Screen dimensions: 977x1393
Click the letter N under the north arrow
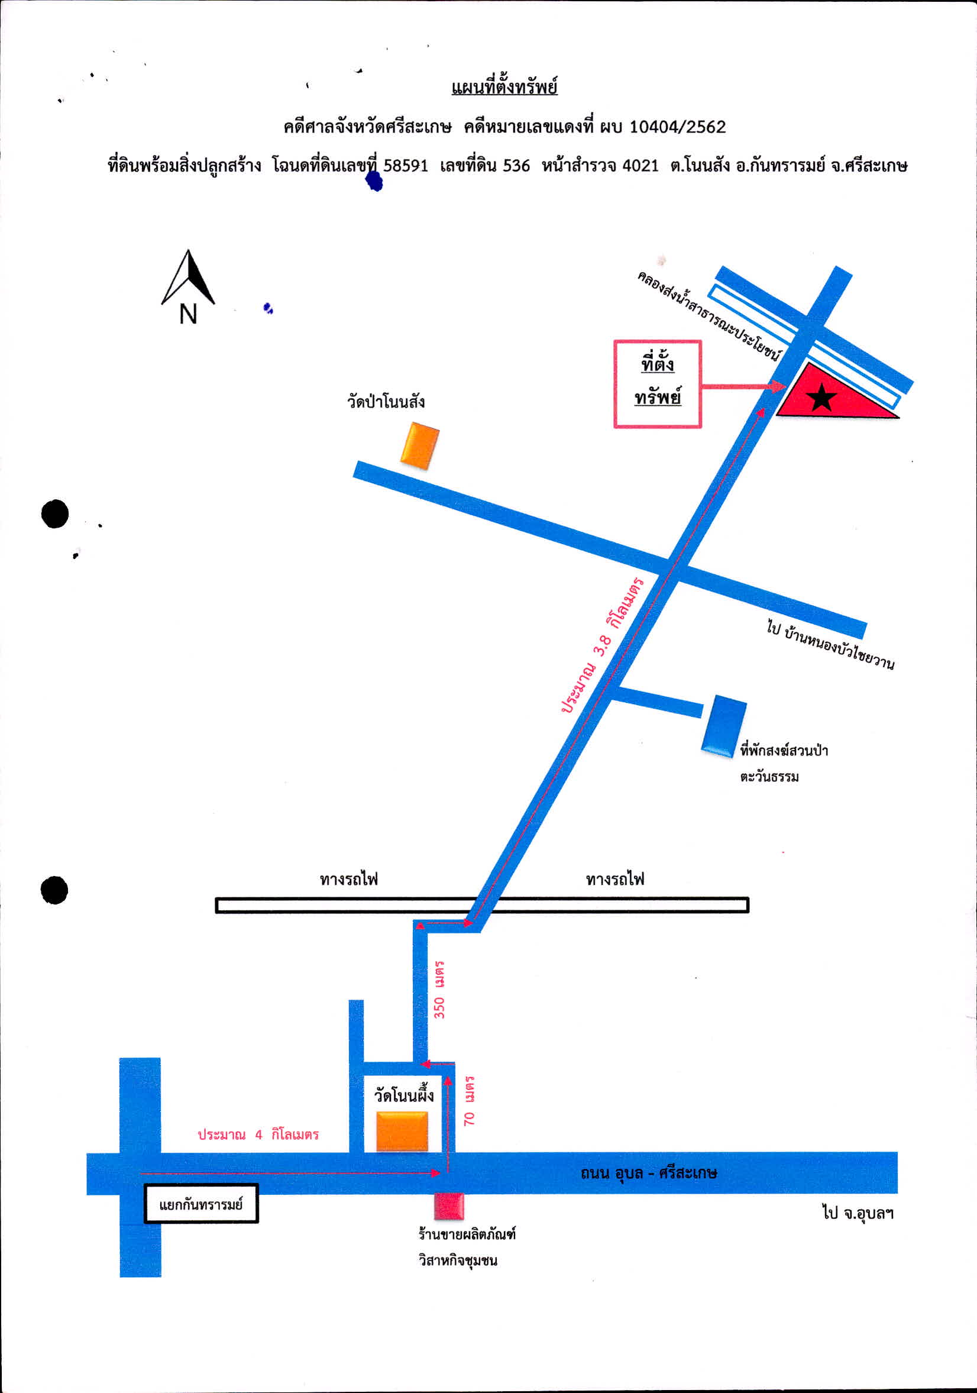pyautogui.click(x=188, y=313)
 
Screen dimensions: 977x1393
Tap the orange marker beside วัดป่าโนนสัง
pyautogui.click(x=420, y=446)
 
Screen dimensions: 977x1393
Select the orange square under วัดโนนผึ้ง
pyautogui.click(x=402, y=1132)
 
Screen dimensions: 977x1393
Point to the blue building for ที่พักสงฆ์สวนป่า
pyautogui.click(x=723, y=726)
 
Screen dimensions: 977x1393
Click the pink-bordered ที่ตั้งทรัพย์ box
pyautogui.click(x=658, y=384)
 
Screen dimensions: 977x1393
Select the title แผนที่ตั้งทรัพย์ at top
pyautogui.click(x=504, y=87)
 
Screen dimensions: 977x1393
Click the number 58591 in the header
pyautogui.click(x=405, y=166)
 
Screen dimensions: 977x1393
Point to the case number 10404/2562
pyautogui.click(x=677, y=127)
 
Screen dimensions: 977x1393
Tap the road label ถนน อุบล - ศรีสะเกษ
pyautogui.click(x=649, y=1173)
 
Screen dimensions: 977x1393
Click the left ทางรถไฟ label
pyautogui.click(x=349, y=878)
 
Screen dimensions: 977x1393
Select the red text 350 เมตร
pyautogui.click(x=439, y=990)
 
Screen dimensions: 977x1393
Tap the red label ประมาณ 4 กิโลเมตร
pyautogui.click(x=258, y=1134)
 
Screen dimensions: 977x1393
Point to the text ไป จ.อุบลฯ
pyautogui.click(x=858, y=1213)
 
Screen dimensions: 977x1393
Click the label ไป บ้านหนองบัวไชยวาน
pyautogui.click(x=830, y=645)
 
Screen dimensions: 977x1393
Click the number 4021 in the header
pyautogui.click(x=640, y=166)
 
